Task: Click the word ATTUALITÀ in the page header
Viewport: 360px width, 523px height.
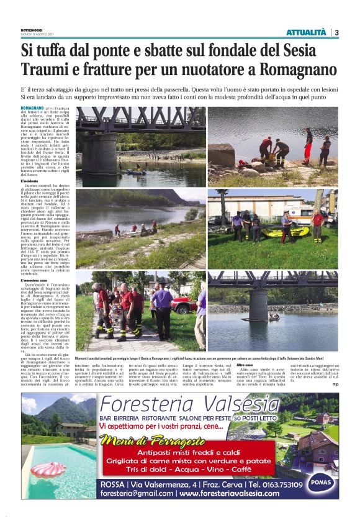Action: click(x=306, y=32)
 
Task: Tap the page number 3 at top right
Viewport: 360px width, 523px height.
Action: click(x=336, y=32)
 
